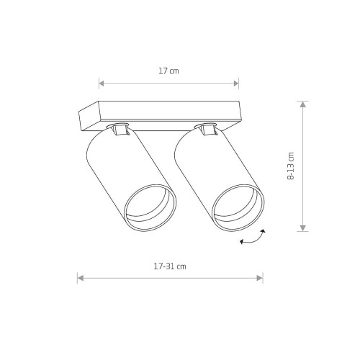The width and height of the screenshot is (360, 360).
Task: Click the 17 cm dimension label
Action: pyautogui.click(x=168, y=71)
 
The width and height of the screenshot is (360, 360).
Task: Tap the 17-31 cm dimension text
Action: pyautogui.click(x=170, y=266)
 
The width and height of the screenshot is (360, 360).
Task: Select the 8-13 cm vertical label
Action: pyautogui.click(x=291, y=166)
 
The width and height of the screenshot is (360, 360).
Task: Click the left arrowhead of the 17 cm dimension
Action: pyautogui.click(x=102, y=84)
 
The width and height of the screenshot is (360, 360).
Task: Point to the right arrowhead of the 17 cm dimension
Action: pyautogui.click(x=236, y=84)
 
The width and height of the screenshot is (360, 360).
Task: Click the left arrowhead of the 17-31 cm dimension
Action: pyautogui.click(x=80, y=278)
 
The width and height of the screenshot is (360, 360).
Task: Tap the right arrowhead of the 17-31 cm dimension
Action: pyautogui.click(x=260, y=278)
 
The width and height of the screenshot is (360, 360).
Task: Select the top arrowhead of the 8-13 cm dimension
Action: pyautogui.click(x=303, y=104)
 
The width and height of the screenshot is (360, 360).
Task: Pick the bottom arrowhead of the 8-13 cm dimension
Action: pyautogui.click(x=303, y=228)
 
